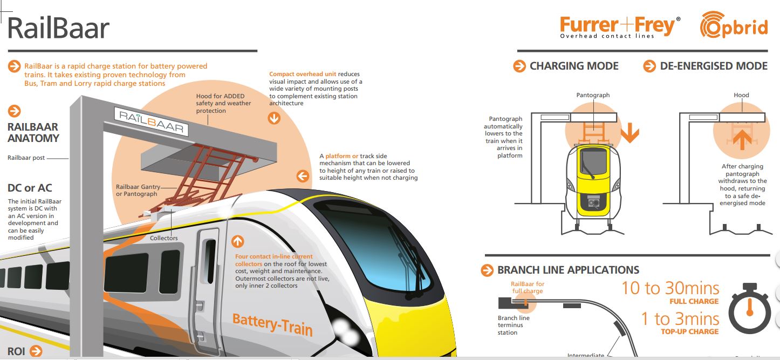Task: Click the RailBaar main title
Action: tap(58, 28)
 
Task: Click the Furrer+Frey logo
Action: tap(620, 26)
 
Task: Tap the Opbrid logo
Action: tap(734, 26)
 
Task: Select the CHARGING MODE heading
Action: tap(573, 66)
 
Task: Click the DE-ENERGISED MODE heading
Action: tap(713, 66)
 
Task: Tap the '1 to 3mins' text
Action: tap(680, 318)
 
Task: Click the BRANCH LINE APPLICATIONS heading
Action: tap(568, 270)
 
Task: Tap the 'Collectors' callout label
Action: tap(164, 238)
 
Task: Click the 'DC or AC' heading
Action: tap(30, 188)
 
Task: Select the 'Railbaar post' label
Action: tap(26, 158)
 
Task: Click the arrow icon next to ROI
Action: tap(36, 351)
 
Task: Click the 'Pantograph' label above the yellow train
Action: tap(593, 95)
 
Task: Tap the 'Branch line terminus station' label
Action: tap(514, 325)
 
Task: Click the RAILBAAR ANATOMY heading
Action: tap(33, 132)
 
